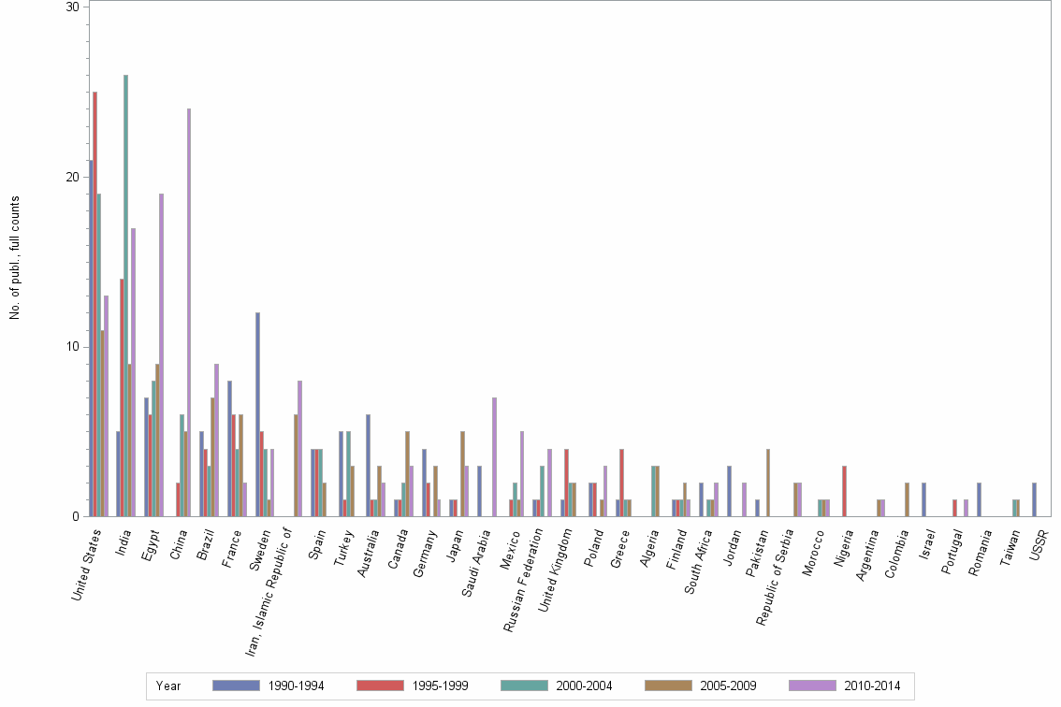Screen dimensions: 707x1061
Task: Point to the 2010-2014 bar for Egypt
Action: click(x=161, y=355)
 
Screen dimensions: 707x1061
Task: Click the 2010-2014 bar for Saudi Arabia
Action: click(x=495, y=457)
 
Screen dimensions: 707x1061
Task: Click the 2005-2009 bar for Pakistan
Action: click(x=768, y=483)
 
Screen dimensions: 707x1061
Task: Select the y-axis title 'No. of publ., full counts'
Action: click(x=15, y=257)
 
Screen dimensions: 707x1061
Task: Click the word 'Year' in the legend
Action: click(x=168, y=686)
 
